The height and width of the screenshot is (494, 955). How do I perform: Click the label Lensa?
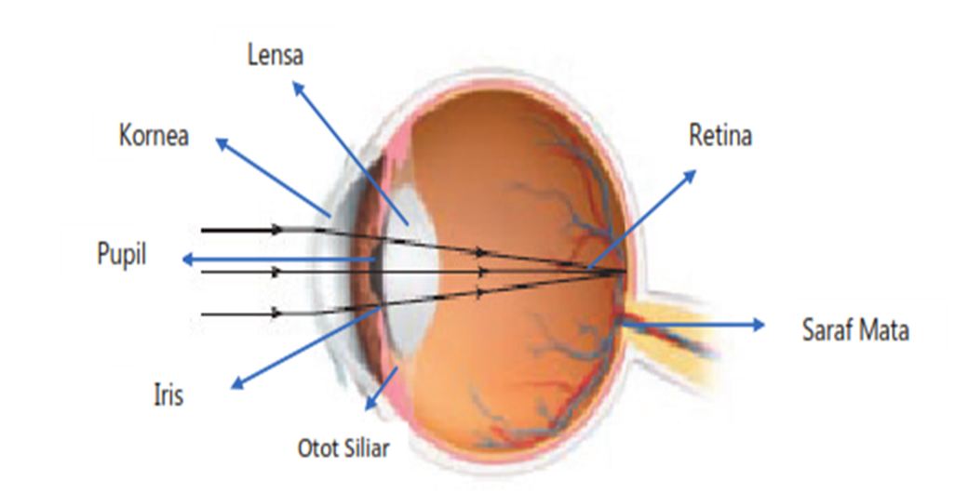coord(276,54)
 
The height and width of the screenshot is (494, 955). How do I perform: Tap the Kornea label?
coord(154,136)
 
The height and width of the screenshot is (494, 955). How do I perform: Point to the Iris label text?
coord(168,394)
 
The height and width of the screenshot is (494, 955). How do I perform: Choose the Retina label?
coord(720,136)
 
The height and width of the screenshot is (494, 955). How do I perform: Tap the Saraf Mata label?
coord(854,329)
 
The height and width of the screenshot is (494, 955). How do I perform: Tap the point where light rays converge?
coord(622,272)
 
